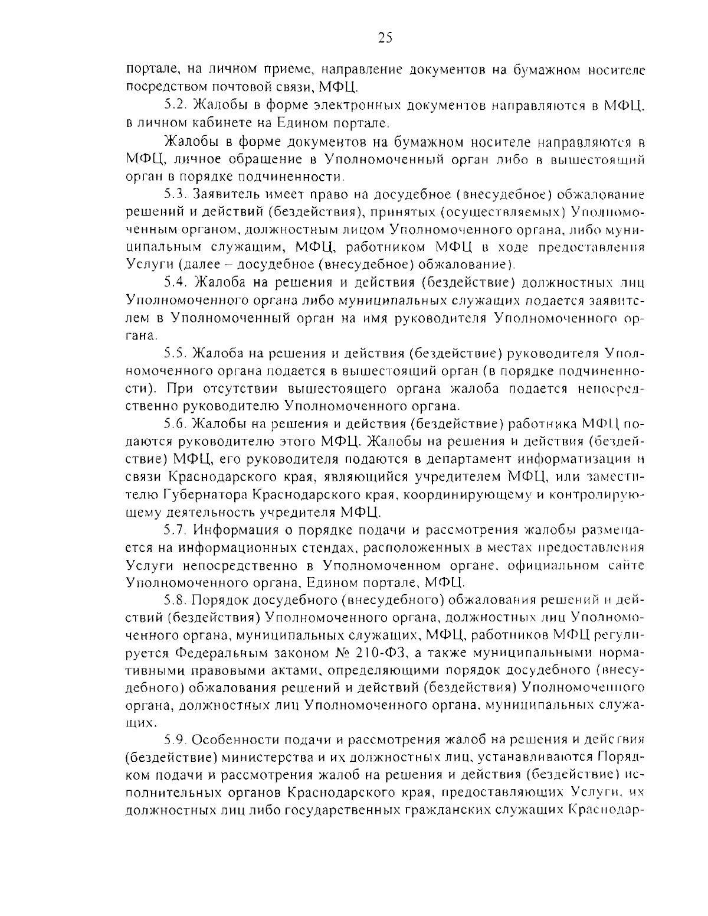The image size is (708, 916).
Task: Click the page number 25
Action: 384,38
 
